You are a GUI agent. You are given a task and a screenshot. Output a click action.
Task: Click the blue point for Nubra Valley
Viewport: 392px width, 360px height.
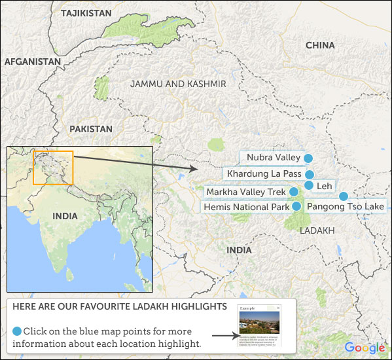tap(308, 158)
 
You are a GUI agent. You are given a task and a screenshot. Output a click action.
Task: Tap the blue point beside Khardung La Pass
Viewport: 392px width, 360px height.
tap(310, 175)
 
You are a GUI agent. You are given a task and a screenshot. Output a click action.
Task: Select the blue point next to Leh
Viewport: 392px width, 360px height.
tap(309, 186)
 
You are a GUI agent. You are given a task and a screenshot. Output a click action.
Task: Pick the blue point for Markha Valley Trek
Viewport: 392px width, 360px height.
tap(294, 192)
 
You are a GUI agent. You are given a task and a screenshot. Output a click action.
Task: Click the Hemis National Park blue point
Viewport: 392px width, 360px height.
tap(296, 206)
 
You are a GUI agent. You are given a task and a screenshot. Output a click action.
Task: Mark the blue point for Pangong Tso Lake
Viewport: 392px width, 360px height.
tap(343, 196)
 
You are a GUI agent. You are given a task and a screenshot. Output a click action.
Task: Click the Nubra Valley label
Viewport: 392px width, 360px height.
tap(274, 158)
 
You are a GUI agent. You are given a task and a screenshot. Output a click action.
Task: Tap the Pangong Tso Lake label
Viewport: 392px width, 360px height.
tap(346, 207)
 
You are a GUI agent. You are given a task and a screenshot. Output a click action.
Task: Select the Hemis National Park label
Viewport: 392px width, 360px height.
tap(247, 207)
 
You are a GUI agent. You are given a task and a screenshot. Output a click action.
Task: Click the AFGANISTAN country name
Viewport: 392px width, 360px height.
tap(32, 62)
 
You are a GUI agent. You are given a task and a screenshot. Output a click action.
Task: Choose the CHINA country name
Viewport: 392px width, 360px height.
tap(320, 45)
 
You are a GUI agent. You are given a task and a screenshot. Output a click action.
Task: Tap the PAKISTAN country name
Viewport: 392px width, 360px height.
tap(91, 129)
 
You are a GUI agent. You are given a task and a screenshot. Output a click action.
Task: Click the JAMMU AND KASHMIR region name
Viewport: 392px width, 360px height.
tap(178, 84)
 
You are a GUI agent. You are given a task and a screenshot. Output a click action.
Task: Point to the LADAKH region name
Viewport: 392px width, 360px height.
tap(317, 231)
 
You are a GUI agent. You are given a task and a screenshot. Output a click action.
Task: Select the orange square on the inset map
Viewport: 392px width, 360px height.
tap(53, 168)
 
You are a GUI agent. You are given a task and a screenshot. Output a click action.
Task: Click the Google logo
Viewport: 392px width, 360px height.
tap(365, 348)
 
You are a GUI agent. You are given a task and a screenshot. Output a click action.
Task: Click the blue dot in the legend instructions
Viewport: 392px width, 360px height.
tap(17, 331)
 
